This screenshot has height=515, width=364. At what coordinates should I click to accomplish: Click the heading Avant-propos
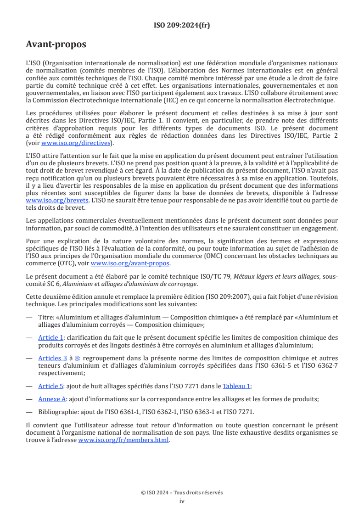coord(56,45)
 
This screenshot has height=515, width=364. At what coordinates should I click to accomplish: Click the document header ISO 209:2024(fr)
coord(182,25)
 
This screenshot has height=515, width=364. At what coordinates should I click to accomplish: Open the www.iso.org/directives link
coord(77,143)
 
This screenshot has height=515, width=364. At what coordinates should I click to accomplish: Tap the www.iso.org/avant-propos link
coord(130,263)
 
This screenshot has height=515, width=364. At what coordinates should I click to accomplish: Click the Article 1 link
coord(51,337)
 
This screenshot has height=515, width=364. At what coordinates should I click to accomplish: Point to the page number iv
coord(182,501)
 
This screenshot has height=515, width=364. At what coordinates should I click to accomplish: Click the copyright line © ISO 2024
coord(182,493)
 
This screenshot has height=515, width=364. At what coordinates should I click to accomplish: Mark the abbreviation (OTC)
coord(72,263)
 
